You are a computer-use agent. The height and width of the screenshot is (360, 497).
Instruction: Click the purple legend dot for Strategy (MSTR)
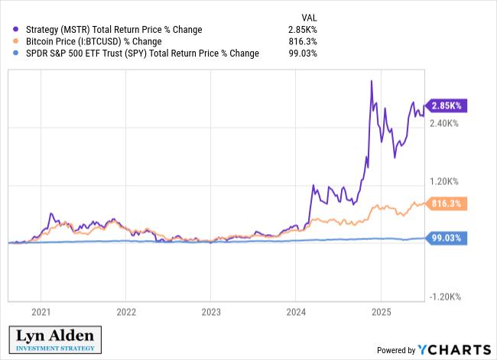tap(16, 30)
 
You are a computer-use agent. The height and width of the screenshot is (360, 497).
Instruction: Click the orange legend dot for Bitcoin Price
tap(16, 41)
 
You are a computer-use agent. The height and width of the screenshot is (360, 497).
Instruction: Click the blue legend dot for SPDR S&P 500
tap(16, 54)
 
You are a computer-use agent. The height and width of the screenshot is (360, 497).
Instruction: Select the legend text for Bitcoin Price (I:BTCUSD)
tap(93, 41)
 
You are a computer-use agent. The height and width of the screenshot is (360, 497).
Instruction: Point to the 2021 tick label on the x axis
tap(41, 312)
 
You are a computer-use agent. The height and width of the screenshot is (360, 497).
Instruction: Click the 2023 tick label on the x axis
tap(211, 312)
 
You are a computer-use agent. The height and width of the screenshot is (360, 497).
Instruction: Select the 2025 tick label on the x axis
tap(381, 312)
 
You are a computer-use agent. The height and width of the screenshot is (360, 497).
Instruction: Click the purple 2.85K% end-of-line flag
tap(447, 105)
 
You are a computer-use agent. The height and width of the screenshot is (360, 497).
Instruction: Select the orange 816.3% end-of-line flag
tap(447, 204)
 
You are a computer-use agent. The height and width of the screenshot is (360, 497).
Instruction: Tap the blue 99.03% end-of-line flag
tap(447, 238)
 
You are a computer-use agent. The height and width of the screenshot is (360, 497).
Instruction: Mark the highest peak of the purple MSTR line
tap(371, 80)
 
